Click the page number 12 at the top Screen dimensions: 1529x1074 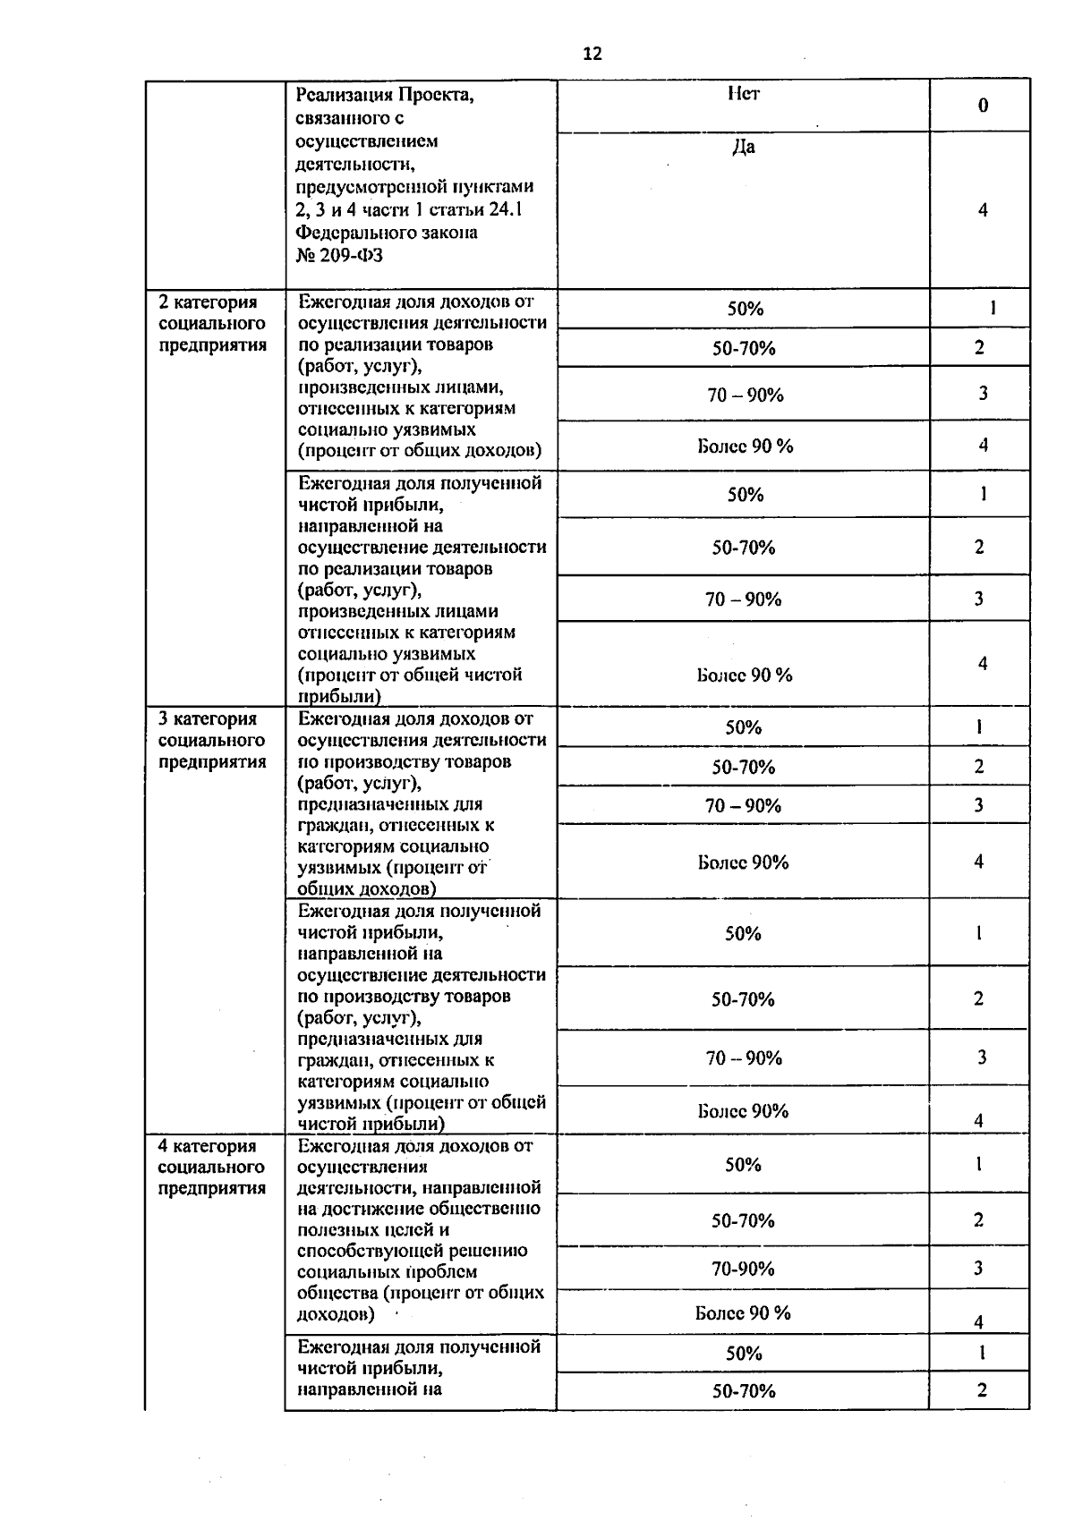click(x=592, y=54)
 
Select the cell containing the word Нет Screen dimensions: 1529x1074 click(x=743, y=94)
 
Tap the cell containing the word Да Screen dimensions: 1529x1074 click(x=743, y=148)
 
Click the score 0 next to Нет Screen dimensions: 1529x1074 click(x=983, y=106)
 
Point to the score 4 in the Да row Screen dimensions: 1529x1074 click(x=983, y=210)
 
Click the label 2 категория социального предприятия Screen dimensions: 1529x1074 click(x=212, y=324)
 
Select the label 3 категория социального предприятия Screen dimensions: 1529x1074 click(x=212, y=740)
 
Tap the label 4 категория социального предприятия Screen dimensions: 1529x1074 click(x=212, y=1167)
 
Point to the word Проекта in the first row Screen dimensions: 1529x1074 click(x=436, y=95)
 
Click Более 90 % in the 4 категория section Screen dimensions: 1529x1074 click(x=743, y=1312)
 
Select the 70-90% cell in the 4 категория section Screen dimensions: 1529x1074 click(x=743, y=1269)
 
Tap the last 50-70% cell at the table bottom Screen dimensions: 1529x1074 click(x=743, y=1390)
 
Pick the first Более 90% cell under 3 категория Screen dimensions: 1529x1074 click(x=743, y=862)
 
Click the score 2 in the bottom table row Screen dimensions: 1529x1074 click(x=982, y=1389)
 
